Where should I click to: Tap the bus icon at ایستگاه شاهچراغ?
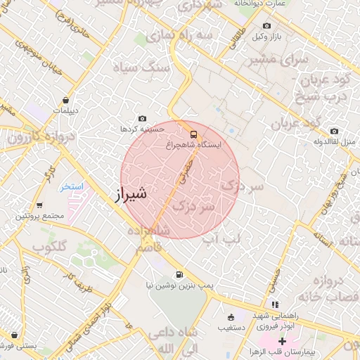193,134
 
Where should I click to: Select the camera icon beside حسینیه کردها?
143,119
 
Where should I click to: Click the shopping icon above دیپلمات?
65,100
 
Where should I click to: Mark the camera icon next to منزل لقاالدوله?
334,131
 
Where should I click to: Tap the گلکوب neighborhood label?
48,246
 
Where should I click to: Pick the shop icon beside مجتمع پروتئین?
39,206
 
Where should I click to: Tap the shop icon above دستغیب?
231,316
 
